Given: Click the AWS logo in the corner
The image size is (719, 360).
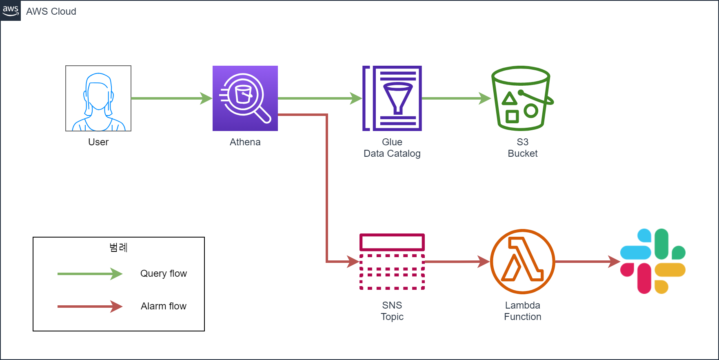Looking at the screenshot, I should click(x=11, y=11).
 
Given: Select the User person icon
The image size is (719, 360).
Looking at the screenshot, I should click(x=98, y=98).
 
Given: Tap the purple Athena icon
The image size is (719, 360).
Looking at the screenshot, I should click(x=245, y=98).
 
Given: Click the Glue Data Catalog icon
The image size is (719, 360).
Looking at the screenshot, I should click(x=392, y=98).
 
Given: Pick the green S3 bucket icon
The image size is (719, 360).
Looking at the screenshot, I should click(x=522, y=98).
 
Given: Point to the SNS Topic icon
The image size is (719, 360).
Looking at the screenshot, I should click(x=392, y=262).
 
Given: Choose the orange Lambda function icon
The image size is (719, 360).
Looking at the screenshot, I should click(x=522, y=262).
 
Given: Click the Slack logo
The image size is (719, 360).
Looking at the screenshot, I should click(x=652, y=261).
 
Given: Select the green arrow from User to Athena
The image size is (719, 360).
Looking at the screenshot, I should click(x=171, y=98).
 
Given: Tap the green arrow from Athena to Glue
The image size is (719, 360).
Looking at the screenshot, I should click(x=320, y=98).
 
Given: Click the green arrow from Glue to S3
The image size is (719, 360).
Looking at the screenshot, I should click(x=456, y=98).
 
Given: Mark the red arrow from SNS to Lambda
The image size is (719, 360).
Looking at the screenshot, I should click(x=457, y=262).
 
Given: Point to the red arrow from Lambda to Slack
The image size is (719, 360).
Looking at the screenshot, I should click(x=588, y=262).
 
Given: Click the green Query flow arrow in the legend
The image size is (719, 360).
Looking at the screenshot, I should click(x=90, y=274).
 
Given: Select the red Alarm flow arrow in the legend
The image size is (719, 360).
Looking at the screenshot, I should click(x=90, y=307).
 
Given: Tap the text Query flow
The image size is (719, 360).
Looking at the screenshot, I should click(x=163, y=273).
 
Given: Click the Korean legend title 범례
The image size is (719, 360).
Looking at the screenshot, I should click(x=118, y=247).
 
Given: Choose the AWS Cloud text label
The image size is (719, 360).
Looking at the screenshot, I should click(x=51, y=11).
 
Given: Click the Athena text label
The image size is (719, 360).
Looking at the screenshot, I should click(x=245, y=142).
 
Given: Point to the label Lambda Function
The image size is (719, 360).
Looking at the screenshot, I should click(x=522, y=311).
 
